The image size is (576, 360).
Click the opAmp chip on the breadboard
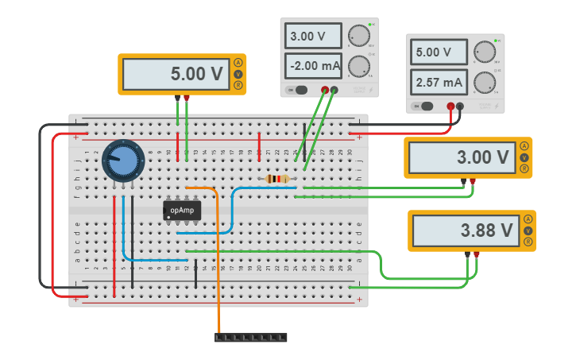(x=182, y=210)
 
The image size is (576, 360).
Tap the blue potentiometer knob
(x=123, y=161)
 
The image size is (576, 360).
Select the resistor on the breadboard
(x=276, y=179)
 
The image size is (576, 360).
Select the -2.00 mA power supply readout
(x=313, y=65)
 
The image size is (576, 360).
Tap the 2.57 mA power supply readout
(x=437, y=82)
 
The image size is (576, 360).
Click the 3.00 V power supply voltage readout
(x=313, y=36)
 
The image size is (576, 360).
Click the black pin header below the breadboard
(x=250, y=337)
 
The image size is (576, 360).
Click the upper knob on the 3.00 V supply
(x=360, y=36)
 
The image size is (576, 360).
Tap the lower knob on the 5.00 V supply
(x=484, y=82)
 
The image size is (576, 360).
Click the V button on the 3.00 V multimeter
(x=524, y=157)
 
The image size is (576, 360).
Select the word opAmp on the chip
(x=182, y=210)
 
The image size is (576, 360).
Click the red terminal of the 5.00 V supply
(x=450, y=106)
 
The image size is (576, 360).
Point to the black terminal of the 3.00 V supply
(x=334, y=89)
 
